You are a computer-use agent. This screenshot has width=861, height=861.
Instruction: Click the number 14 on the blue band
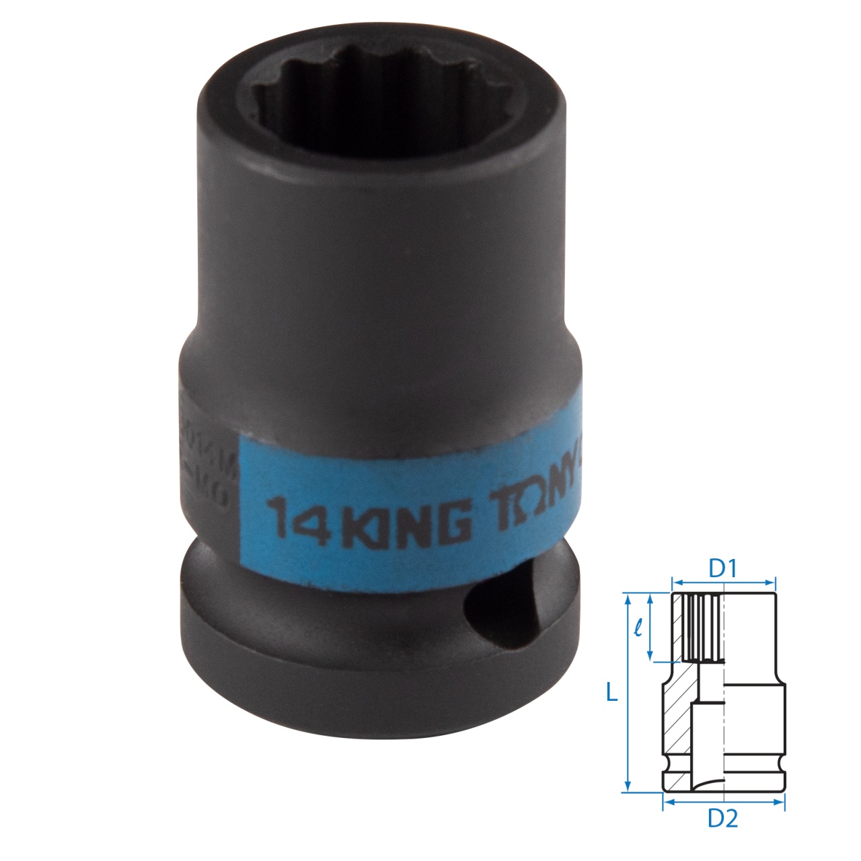pos(295,518)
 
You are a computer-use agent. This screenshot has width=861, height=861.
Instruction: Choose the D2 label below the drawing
pos(724,819)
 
